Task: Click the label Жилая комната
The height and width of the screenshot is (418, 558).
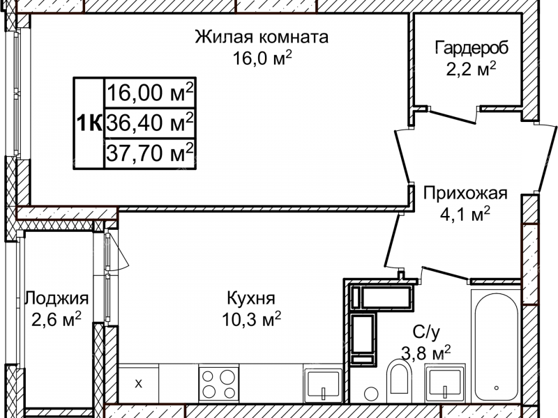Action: tap(262, 37)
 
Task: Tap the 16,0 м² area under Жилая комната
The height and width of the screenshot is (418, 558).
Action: tap(262, 57)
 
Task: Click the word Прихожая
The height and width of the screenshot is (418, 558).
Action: tap(465, 194)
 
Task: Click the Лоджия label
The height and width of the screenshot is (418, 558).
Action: tap(56, 299)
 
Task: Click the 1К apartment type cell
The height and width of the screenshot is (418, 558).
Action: tap(89, 123)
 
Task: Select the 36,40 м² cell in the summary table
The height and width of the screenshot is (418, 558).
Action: tap(150, 123)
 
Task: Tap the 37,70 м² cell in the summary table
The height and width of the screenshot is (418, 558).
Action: tap(150, 153)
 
